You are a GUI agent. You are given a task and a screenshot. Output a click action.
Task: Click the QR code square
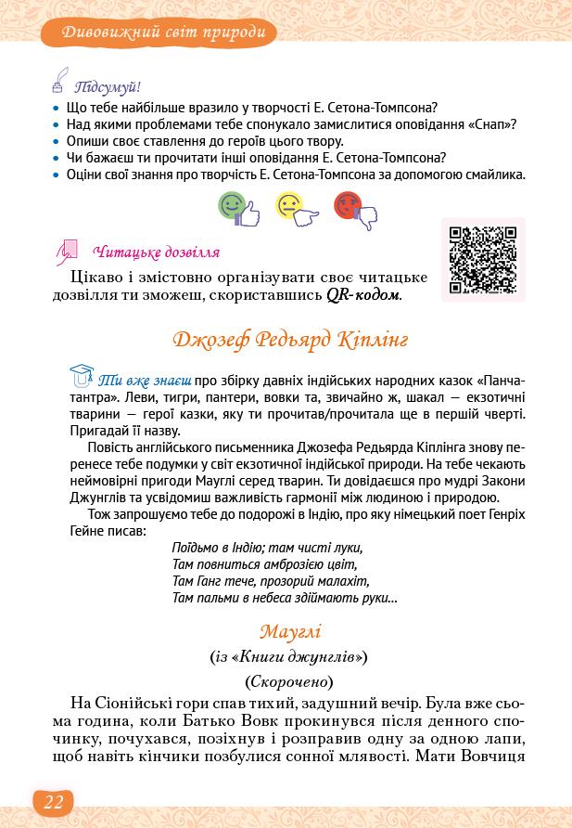pos(483,259)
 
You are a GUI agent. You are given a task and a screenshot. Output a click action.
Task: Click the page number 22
pos(53,803)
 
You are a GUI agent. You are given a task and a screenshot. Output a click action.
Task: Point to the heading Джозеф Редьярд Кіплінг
pos(290,339)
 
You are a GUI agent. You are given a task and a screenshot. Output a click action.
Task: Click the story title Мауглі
pos(289,631)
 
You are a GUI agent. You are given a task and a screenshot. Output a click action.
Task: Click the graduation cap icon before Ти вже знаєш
pos(83,377)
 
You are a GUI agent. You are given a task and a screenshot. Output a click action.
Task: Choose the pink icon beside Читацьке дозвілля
pos(68,251)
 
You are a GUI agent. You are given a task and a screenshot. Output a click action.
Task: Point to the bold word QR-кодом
pos(363,295)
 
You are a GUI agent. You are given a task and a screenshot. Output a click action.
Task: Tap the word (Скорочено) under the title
pos(289,680)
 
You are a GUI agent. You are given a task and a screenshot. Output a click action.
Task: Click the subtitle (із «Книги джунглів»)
pos(289,656)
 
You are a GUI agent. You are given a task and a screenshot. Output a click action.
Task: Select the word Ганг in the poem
pos(214,581)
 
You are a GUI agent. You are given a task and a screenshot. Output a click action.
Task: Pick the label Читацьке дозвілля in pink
pos(157,252)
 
